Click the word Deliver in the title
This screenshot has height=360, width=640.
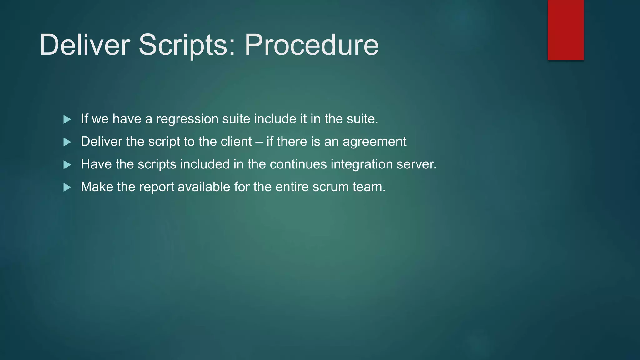(x=84, y=45)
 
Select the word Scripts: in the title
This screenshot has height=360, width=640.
(x=187, y=45)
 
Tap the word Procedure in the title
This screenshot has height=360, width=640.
(x=312, y=45)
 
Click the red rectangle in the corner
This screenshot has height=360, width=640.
(x=566, y=30)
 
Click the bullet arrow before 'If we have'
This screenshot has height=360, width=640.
(x=67, y=119)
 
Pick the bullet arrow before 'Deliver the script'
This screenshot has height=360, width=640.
(x=67, y=142)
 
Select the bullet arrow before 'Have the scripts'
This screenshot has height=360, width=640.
(x=67, y=165)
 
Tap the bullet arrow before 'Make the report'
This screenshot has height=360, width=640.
(x=67, y=187)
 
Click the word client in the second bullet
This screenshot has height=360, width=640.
(x=236, y=142)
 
